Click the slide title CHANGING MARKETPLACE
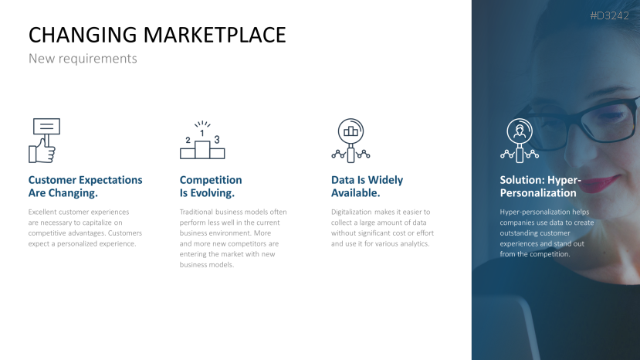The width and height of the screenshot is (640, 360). [x=157, y=35]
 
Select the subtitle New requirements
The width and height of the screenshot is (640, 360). [x=83, y=59]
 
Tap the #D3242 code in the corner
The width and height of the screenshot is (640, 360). [x=609, y=15]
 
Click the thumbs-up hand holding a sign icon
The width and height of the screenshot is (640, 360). [x=44, y=141]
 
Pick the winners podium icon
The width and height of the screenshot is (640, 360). [x=201, y=141]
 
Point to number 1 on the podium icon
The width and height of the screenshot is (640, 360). [x=202, y=133]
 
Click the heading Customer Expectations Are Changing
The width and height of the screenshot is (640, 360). [x=85, y=186]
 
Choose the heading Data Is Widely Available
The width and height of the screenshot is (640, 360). [x=367, y=186]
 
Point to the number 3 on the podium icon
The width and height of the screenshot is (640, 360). [x=217, y=139]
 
